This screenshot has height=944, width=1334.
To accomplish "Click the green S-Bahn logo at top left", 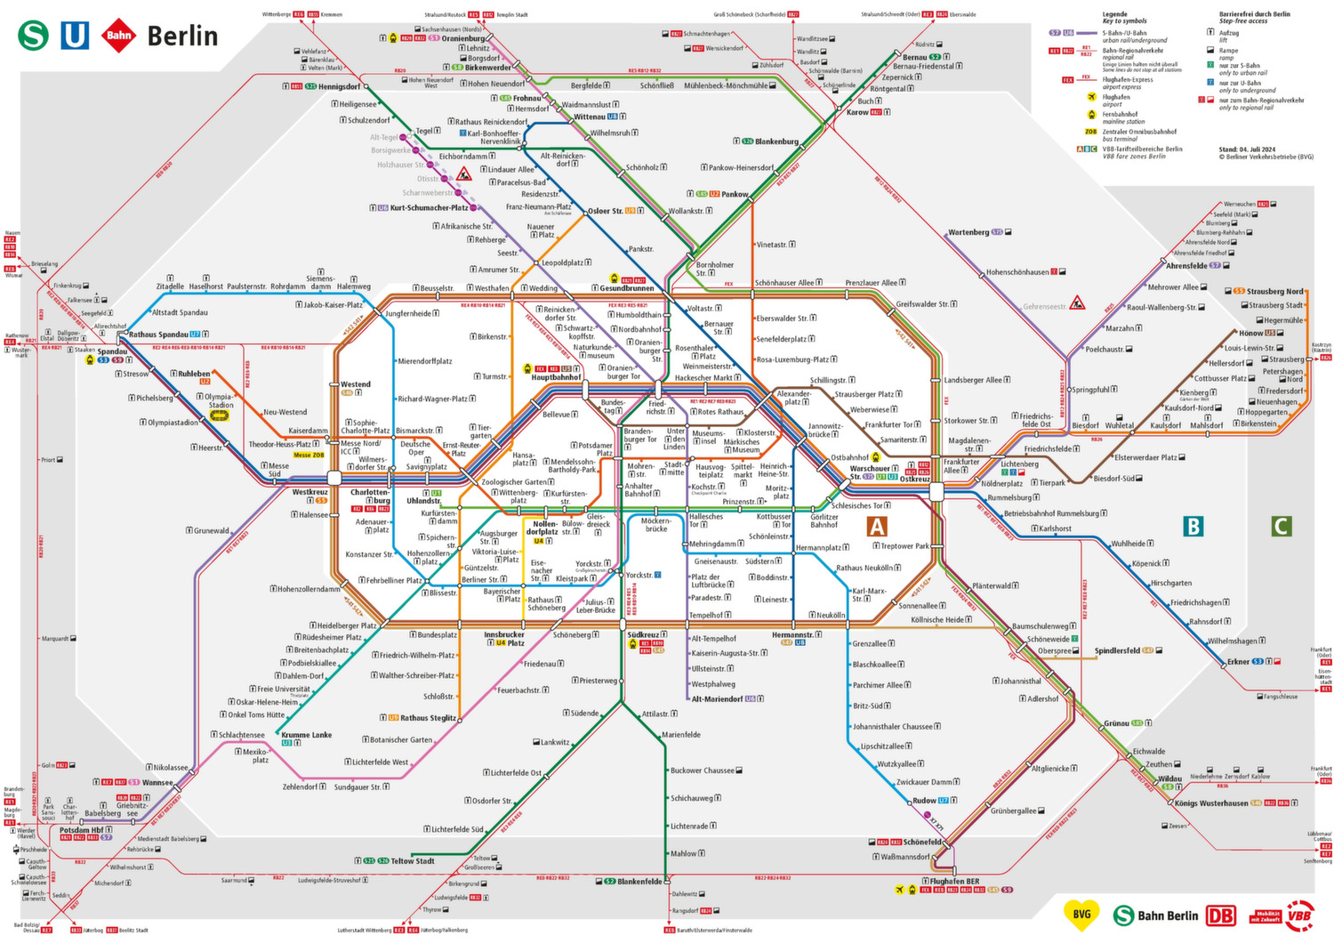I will click(34, 36).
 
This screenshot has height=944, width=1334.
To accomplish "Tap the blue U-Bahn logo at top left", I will click(75, 36).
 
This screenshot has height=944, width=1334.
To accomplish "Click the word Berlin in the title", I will click(182, 36).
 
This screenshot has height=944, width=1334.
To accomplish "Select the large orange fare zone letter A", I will click(877, 527).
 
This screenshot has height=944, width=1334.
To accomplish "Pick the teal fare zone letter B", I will click(1193, 526).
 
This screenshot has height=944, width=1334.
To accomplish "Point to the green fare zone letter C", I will click(1281, 526).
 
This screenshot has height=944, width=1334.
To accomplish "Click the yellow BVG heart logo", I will click(1081, 914).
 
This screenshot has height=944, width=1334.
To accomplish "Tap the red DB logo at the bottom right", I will click(1221, 916).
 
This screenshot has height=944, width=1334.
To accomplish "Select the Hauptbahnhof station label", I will click(556, 377).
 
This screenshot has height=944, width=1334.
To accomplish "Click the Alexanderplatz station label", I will click(794, 398).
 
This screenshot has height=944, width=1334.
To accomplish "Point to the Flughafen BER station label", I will click(954, 882).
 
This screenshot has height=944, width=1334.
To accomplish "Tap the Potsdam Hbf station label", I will click(81, 830).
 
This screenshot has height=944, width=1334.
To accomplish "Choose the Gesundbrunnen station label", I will click(626, 288).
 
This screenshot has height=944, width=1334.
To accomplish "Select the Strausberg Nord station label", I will click(1274, 291).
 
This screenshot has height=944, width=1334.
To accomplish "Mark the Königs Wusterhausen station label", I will click(1210, 803).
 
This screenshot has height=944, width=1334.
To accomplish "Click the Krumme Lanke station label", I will click(307, 735).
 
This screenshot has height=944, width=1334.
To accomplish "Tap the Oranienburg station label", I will click(463, 38).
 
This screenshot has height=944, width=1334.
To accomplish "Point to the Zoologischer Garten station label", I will click(514, 482).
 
